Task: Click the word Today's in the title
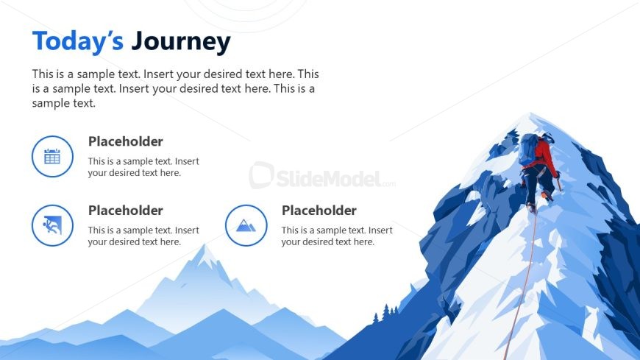coord(77,41)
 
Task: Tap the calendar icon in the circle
coord(52,157)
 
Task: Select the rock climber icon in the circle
coord(52,225)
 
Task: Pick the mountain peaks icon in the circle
coord(246,225)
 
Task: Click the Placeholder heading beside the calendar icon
coord(126,141)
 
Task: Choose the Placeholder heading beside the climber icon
coord(126,211)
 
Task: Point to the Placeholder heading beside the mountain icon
coord(319,211)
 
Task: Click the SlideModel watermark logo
coord(321,176)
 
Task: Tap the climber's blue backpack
coord(528,149)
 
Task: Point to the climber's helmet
coord(547,137)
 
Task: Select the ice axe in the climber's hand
coord(559,183)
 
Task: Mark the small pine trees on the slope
coord(386,313)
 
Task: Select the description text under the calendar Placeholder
coord(143,166)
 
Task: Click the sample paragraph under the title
coord(176,88)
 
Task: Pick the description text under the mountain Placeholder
coord(337,236)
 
